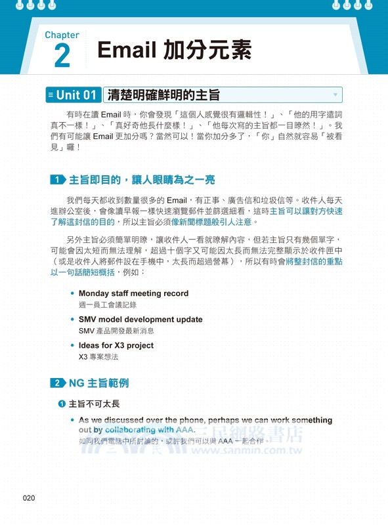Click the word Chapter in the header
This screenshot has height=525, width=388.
62,35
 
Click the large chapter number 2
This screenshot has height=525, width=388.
62,56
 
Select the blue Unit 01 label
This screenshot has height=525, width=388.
73,95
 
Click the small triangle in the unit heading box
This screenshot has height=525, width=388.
335,95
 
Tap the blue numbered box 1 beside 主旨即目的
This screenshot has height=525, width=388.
58,180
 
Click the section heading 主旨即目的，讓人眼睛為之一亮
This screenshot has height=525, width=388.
142,180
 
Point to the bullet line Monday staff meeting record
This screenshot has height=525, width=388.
133,293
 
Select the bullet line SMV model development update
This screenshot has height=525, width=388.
140,320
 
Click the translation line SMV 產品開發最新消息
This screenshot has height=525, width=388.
116,331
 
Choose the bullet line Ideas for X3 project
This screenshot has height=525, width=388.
116,345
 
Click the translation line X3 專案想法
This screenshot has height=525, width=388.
98,357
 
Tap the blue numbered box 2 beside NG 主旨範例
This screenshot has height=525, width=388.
58,383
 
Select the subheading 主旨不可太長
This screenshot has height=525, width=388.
94,404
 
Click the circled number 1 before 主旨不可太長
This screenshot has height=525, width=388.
61,404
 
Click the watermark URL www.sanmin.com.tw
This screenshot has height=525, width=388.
251,450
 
